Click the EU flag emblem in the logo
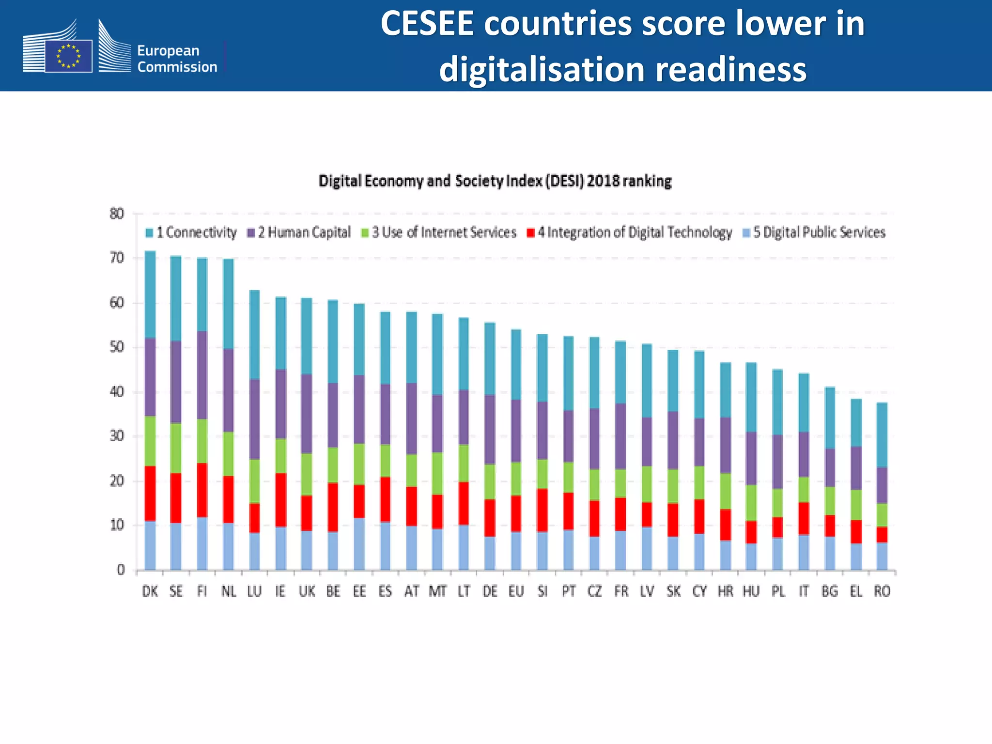pyautogui.click(x=68, y=56)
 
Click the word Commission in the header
pyautogui.click(x=177, y=67)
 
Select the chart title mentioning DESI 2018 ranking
pyautogui.click(x=495, y=181)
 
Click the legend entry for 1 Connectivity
pyautogui.click(x=191, y=232)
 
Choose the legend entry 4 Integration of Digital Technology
pyautogui.click(x=629, y=232)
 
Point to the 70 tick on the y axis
pyautogui.click(x=117, y=258)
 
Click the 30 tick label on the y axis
pyautogui.click(x=117, y=436)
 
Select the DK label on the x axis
pyautogui.click(x=150, y=591)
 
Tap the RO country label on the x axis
pyautogui.click(x=882, y=591)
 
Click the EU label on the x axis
pyautogui.click(x=516, y=591)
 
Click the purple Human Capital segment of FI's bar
pyautogui.click(x=202, y=375)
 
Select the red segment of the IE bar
pyautogui.click(x=280, y=500)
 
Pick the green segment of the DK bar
pyautogui.click(x=150, y=441)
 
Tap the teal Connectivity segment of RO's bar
pyautogui.click(x=882, y=434)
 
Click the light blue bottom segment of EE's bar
pyautogui.click(x=359, y=544)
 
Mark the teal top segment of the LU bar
pyautogui.click(x=254, y=334)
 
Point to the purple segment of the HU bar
pyautogui.click(x=751, y=458)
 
